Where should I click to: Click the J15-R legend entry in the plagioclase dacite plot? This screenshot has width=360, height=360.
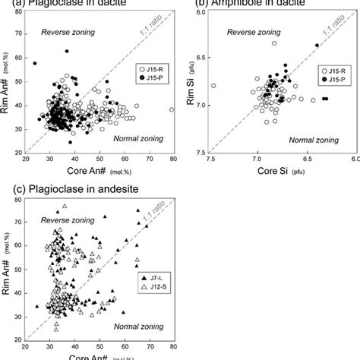click(x=147, y=68)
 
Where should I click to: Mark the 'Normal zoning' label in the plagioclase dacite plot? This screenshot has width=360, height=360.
click(x=136, y=138)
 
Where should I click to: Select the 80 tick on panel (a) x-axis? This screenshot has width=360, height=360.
click(x=172, y=158)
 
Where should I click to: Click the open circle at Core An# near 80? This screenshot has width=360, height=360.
click(x=172, y=109)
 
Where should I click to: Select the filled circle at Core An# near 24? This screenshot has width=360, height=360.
click(x=34, y=63)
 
